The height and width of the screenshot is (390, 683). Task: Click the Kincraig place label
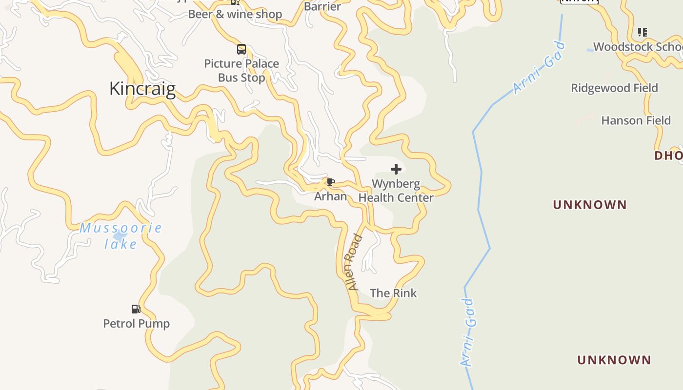pyautogui.click(x=142, y=89)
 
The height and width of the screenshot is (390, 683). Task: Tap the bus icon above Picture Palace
pyautogui.click(x=241, y=49)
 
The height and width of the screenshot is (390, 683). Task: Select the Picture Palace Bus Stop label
pyautogui.click(x=241, y=71)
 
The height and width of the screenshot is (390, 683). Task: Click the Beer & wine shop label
pyautogui.click(x=235, y=14)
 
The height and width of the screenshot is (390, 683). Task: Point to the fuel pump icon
pyautogui.click(x=136, y=309)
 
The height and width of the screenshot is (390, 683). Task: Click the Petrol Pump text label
pyautogui.click(x=137, y=323)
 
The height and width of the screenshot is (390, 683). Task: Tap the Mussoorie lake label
pyautogui.click(x=121, y=235)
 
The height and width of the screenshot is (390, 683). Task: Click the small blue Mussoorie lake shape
pyautogui.click(x=120, y=236)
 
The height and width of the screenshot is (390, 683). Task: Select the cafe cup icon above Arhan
pyautogui.click(x=331, y=182)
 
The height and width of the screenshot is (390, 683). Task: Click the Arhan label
pyautogui.click(x=331, y=196)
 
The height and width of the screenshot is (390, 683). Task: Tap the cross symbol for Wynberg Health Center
pyautogui.click(x=396, y=169)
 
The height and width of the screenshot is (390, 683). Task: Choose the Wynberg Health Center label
pyautogui.click(x=396, y=191)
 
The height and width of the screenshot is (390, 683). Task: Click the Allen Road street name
pyautogui.click(x=354, y=262)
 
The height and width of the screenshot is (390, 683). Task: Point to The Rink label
pyautogui.click(x=393, y=293)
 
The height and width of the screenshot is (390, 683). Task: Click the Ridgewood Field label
pyautogui.click(x=614, y=88)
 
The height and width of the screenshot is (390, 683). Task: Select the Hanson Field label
pyautogui.click(x=636, y=120)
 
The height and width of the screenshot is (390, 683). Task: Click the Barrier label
pyautogui.click(x=322, y=6)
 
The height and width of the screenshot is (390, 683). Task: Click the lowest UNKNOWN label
pyautogui.click(x=614, y=360)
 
